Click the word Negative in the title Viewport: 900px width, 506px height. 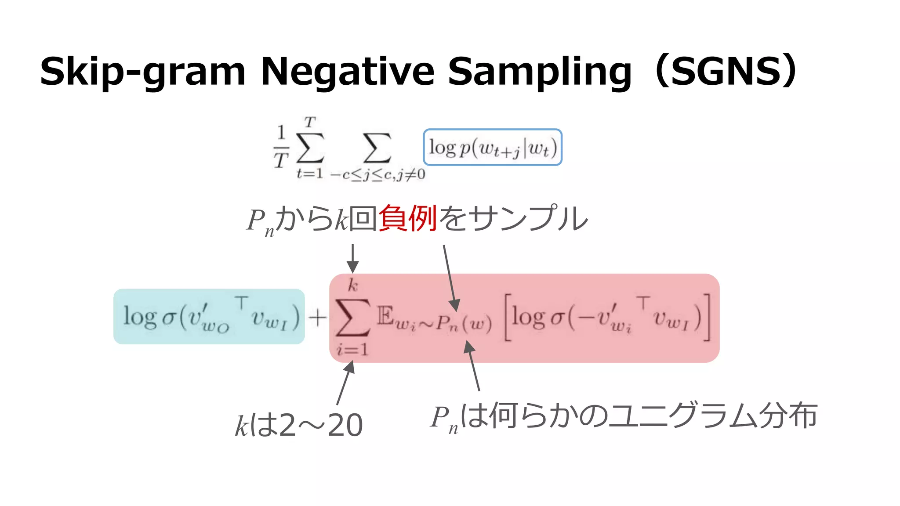point(347,71)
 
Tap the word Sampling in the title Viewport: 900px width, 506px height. point(540,72)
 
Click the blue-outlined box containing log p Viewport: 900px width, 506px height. point(492,147)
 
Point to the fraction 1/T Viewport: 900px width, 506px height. point(281,147)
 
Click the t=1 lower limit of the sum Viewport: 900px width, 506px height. point(310,174)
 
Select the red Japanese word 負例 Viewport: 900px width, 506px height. point(407,219)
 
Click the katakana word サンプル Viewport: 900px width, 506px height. point(527,219)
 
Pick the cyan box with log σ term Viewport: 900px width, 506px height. point(209,316)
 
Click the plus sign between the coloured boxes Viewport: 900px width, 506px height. point(317,317)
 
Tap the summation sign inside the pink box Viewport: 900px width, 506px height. point(352,317)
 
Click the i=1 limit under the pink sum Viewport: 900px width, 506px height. point(352,350)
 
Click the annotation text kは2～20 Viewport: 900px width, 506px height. point(299,425)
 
